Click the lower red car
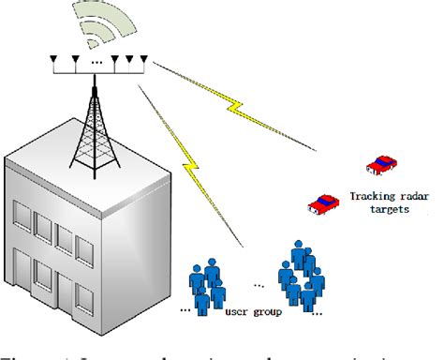click(324, 202)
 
